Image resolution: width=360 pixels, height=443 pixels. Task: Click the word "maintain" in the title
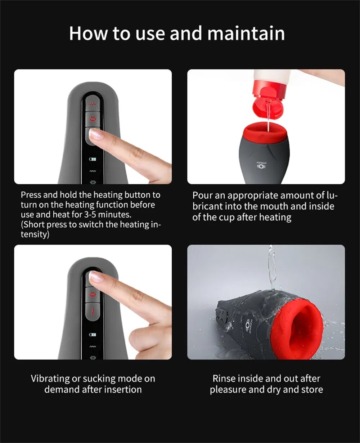246,33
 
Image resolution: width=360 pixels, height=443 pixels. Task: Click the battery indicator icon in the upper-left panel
93,159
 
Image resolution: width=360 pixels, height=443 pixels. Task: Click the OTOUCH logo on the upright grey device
261,165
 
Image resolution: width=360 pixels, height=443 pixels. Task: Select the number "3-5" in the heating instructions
90,214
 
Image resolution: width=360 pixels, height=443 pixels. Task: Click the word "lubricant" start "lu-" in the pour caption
332,195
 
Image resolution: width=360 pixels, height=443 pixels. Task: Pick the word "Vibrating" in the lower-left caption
50,379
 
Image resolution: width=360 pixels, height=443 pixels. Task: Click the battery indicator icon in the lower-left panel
93,335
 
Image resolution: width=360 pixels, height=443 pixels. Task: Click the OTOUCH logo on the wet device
248,326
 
